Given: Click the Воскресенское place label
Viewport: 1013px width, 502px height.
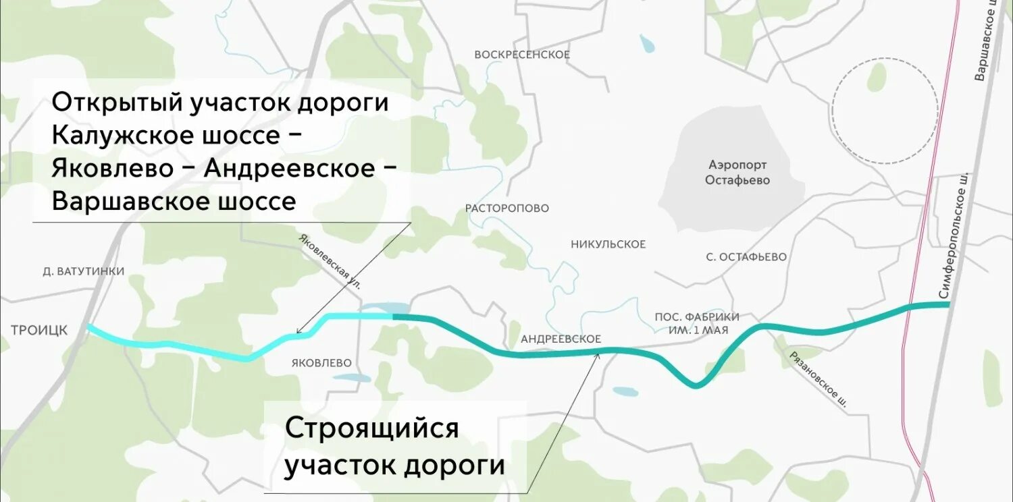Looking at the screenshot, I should [x=522, y=55].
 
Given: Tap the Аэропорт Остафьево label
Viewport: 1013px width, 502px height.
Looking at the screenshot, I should [x=737, y=173].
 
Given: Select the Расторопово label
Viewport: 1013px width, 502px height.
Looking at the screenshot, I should [x=507, y=208].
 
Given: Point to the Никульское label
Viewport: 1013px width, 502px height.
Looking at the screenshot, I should [x=608, y=244].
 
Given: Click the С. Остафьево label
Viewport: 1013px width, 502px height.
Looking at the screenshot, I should [x=746, y=257].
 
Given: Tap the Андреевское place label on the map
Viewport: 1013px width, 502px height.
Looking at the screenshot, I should [x=561, y=339].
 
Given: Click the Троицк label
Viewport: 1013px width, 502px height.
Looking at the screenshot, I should [x=39, y=330].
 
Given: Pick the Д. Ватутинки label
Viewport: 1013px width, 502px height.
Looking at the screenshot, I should [x=83, y=271].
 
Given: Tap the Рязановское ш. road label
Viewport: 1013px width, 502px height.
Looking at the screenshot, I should [x=818, y=379].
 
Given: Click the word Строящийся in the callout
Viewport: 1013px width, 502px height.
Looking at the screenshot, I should [x=371, y=428].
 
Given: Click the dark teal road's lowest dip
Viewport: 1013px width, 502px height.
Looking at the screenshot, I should [x=696, y=385].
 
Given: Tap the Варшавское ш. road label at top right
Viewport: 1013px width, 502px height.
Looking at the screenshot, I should [x=987, y=40].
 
